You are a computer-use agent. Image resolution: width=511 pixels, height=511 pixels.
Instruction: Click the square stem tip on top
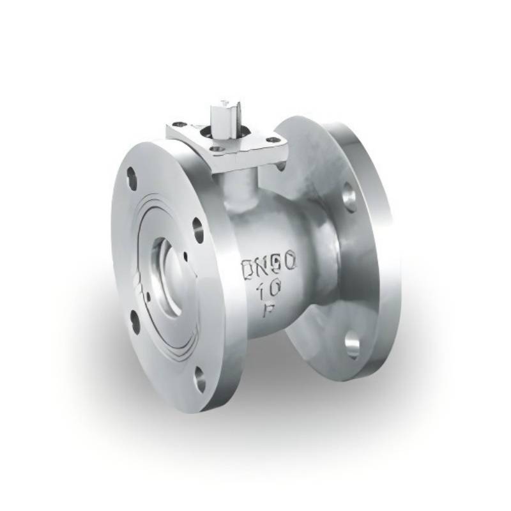point(225,105)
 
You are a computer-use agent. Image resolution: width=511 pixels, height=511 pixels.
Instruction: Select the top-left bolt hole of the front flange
point(132,176)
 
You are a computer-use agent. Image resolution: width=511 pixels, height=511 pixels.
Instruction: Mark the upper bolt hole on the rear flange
point(349,196)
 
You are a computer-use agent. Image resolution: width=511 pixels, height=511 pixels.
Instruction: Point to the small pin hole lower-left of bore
point(148,295)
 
